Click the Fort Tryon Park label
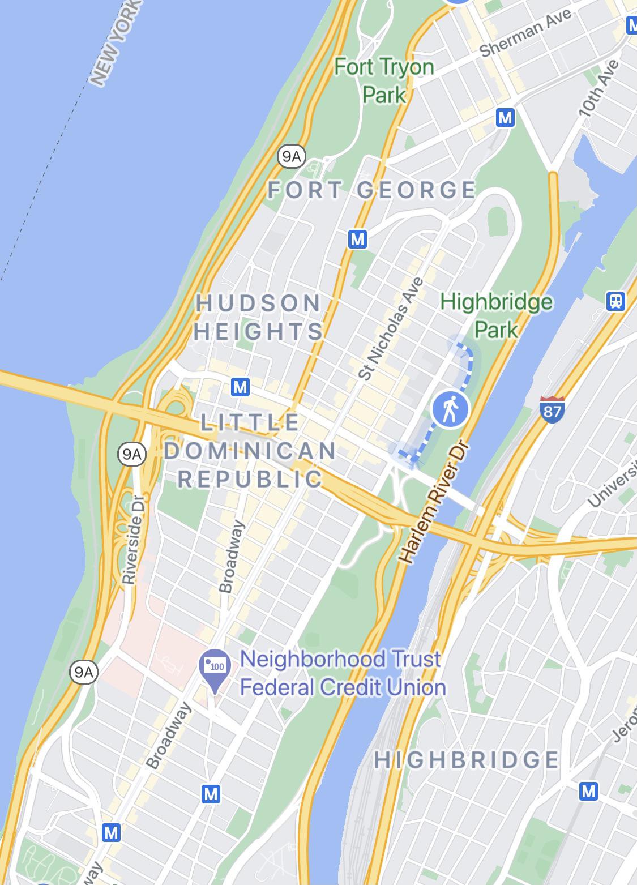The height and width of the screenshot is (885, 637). pos(384,80)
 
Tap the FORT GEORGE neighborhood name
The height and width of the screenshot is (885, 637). pos(371,190)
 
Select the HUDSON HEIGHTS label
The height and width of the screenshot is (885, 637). pos(259,317)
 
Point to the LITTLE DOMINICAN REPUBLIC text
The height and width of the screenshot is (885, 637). pos(250,451)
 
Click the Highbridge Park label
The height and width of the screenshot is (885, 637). pos(496,315)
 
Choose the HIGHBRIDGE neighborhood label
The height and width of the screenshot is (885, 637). pos(467,759)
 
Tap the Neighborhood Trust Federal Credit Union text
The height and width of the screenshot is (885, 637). pos(342,673)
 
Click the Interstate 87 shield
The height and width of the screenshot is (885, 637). pos(552,408)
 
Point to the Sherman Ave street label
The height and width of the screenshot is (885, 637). pos(525,33)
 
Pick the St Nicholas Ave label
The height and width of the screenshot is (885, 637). pos(391,328)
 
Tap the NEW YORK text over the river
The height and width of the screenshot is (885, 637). pos(114,42)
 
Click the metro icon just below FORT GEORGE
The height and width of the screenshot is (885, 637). pos(357,239)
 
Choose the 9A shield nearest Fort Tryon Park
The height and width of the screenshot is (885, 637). pos(291,156)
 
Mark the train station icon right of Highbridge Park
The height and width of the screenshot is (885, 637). pos(615,301)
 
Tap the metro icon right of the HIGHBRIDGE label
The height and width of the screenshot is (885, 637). pos(588,790)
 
